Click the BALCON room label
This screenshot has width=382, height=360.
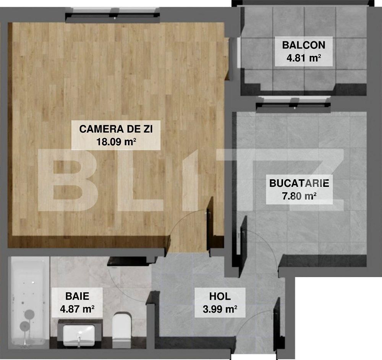[304, 45]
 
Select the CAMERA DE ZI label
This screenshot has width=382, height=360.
[116, 129]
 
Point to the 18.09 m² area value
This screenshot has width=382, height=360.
[116, 142]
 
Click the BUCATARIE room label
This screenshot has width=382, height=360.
[299, 183]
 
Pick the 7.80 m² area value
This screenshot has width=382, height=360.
[299, 196]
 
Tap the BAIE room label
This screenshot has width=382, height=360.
[77, 296]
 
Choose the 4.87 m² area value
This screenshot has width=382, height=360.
[77, 309]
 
